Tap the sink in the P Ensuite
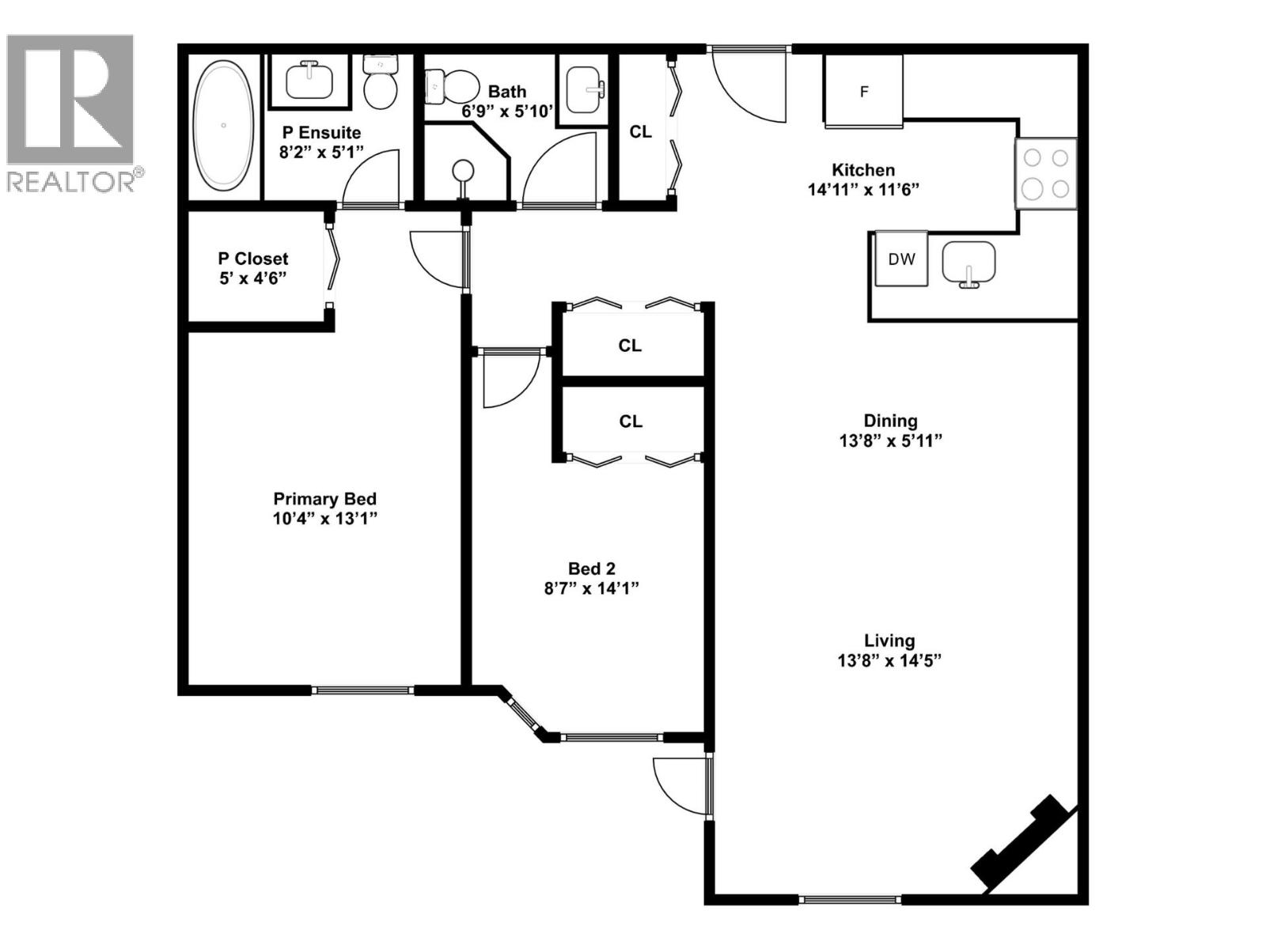[309, 81]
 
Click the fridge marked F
[863, 92]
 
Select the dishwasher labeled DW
[901, 259]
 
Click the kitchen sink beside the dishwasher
[968, 263]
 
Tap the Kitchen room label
[863, 170]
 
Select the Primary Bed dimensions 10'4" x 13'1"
[324, 519]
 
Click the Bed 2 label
[591, 569]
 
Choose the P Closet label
[253, 259]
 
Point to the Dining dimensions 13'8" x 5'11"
[890, 440]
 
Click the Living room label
[889, 641]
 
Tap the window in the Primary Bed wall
[362, 690]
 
